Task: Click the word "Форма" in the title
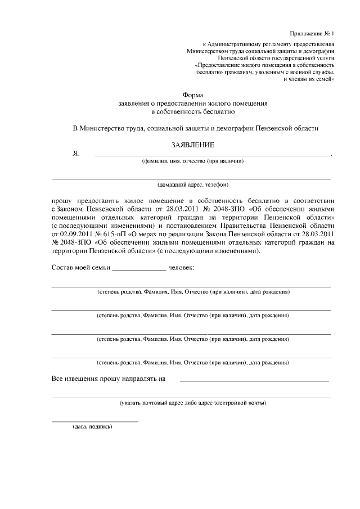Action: coord(192,96)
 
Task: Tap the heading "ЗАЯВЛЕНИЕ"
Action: coord(193,145)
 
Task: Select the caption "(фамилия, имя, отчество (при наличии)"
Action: coord(193,161)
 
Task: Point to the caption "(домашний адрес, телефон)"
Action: coord(193,184)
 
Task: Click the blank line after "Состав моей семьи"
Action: coord(139,269)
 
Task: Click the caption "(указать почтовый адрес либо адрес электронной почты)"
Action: coord(193,403)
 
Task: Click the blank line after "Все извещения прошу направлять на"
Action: coord(254,381)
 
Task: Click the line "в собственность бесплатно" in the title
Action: coord(193,112)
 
